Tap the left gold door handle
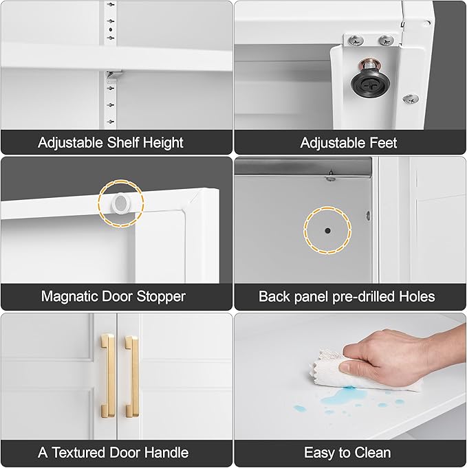click(107, 375)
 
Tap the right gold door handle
click(132, 376)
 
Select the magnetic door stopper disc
click(121, 203)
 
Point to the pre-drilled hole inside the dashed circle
click(328, 231)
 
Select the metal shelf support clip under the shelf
click(113, 76)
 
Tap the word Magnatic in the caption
click(69, 296)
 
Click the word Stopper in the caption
click(161, 296)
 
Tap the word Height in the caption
click(163, 143)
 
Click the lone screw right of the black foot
click(410, 99)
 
